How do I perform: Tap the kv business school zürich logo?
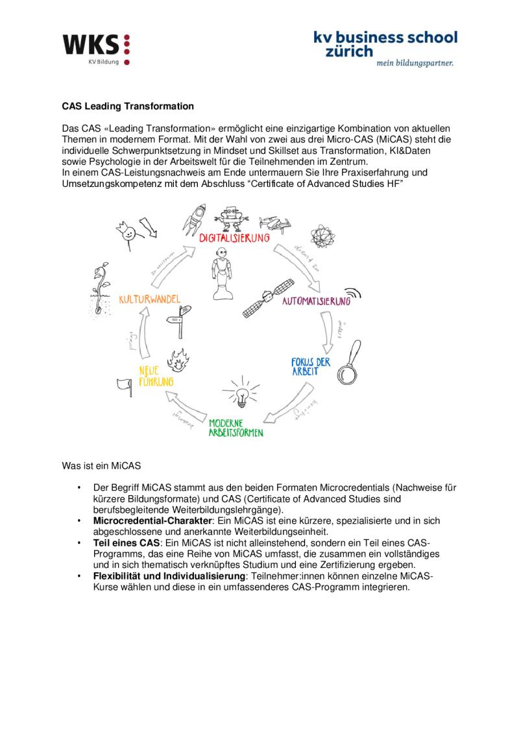pos(385,47)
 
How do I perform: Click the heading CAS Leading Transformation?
pos(128,105)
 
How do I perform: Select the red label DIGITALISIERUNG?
pos(234,238)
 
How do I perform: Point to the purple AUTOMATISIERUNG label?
pos(316,302)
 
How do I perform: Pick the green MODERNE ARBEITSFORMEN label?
pos(235,427)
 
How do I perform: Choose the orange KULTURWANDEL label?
pos(149,299)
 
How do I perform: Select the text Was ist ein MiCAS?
pos(101,466)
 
